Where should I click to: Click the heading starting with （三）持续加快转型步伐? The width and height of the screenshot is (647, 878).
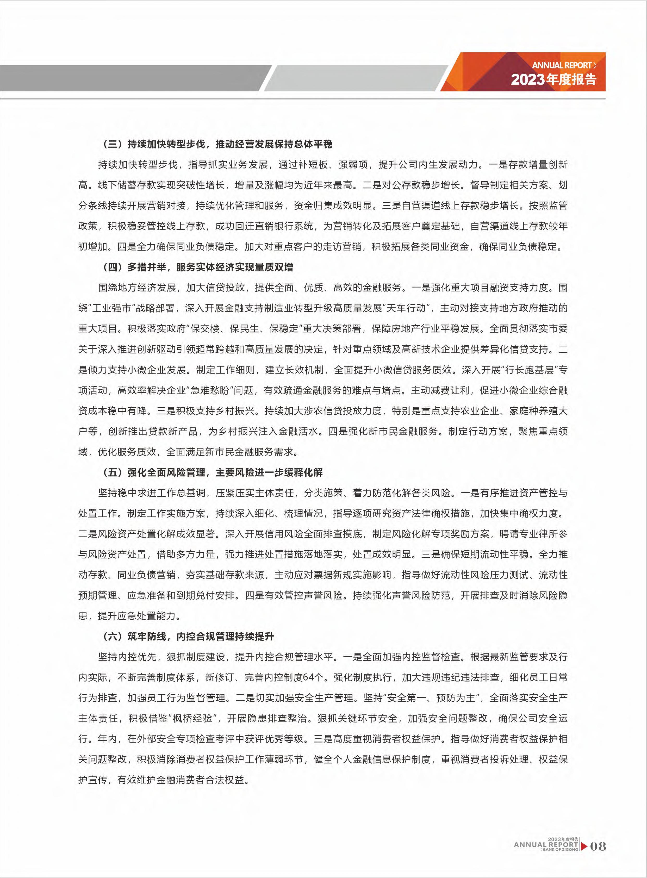[217, 144]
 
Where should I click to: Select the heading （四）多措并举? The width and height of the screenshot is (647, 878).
[198, 267]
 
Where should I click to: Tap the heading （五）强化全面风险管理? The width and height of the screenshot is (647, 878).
[213, 472]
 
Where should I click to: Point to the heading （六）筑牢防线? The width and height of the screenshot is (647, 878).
[188, 636]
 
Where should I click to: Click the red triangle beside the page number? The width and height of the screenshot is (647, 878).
[583, 846]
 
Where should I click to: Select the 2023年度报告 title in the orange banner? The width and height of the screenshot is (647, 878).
[553, 79]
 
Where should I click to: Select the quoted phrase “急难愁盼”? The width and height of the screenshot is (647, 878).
[209, 390]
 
